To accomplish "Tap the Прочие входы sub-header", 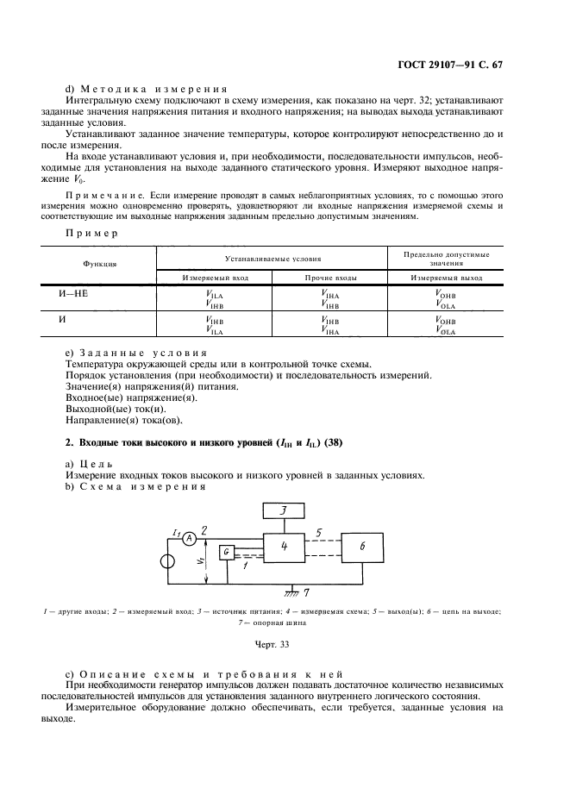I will click(x=329, y=278).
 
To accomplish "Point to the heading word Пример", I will click(x=91, y=234).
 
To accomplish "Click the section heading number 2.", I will click(x=70, y=442).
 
